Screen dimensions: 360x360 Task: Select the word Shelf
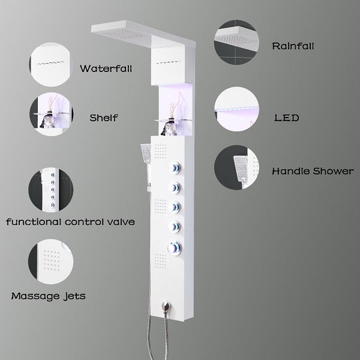tap(104, 118)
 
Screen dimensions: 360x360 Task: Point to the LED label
tap(286, 118)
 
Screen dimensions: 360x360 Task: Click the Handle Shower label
tap(313, 171)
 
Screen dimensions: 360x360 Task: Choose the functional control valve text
tap(70, 223)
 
